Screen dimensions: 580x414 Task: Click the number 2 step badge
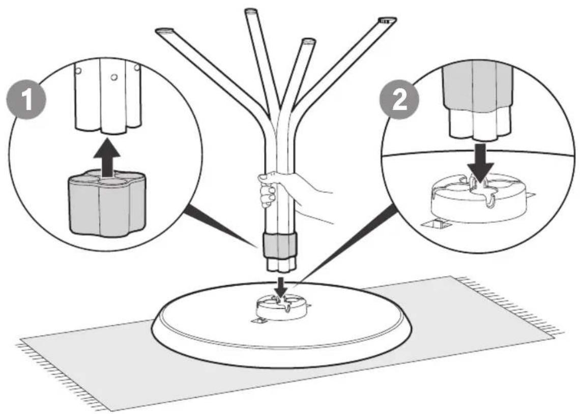click(399, 100)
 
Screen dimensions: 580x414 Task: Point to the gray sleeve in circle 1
click(107, 203)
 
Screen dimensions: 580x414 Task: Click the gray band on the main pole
click(280, 246)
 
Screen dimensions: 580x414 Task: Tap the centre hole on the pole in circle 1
click(114, 77)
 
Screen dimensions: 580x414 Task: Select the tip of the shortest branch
click(308, 41)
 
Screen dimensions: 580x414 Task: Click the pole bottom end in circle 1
click(107, 128)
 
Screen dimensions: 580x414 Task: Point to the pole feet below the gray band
click(280, 264)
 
